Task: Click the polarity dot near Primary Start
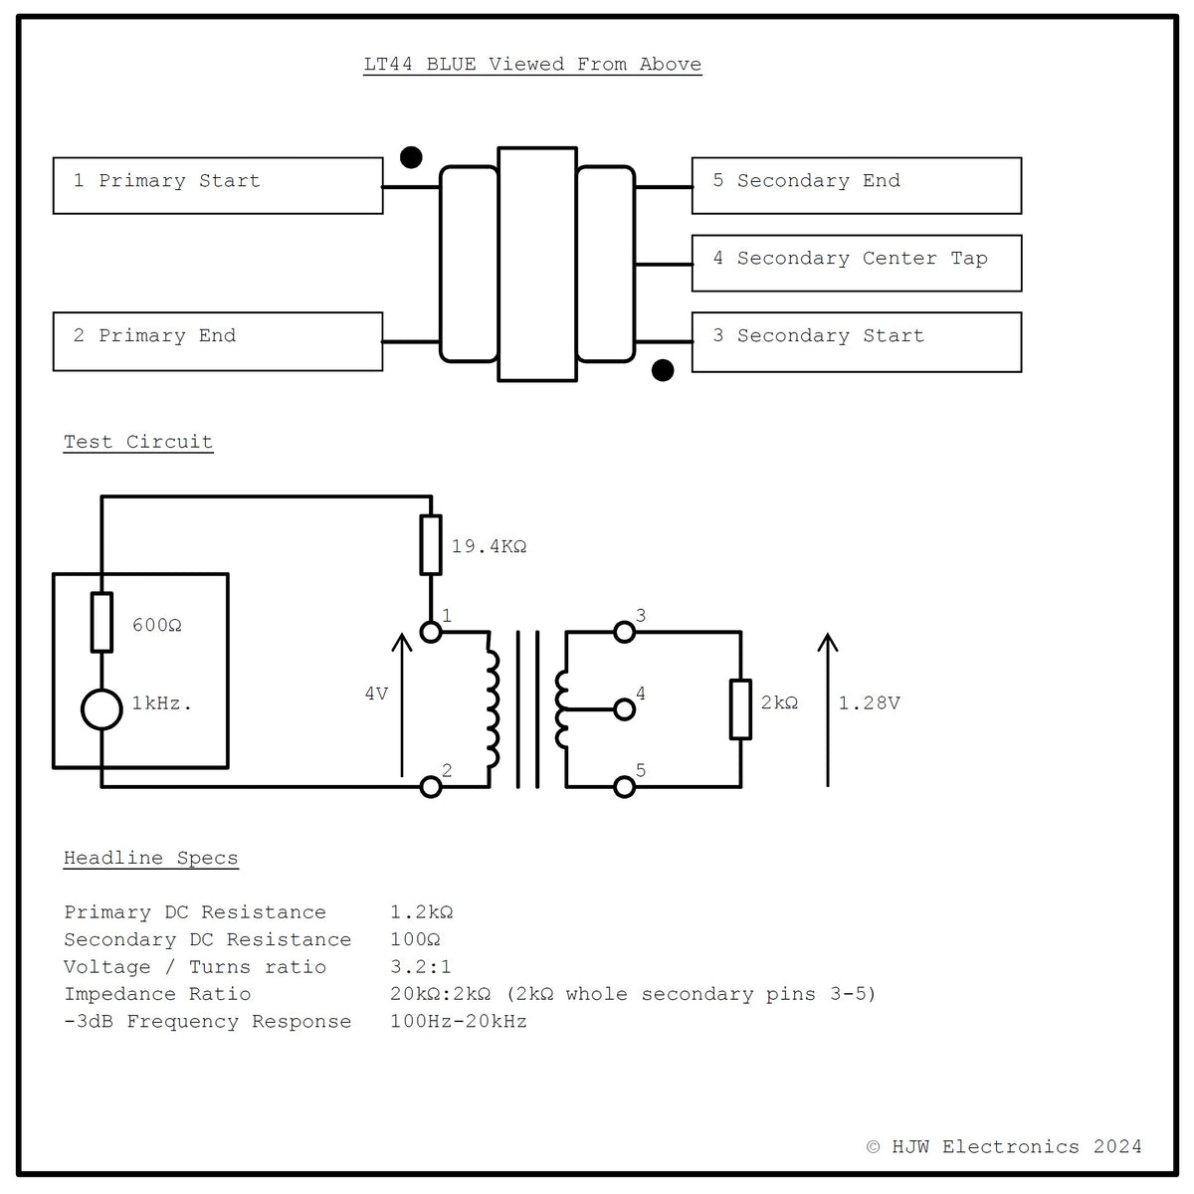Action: [411, 157]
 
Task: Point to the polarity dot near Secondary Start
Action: [663, 370]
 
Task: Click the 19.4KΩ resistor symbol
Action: [431, 544]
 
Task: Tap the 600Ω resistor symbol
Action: [101, 622]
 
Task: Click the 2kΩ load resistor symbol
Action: [740, 708]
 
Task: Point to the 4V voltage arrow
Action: [402, 704]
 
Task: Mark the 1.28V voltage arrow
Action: [828, 709]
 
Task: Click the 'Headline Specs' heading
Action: [150, 858]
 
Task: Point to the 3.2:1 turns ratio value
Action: [421, 966]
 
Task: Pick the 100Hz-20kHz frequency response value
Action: [459, 1021]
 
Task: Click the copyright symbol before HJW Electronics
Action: [873, 1147]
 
